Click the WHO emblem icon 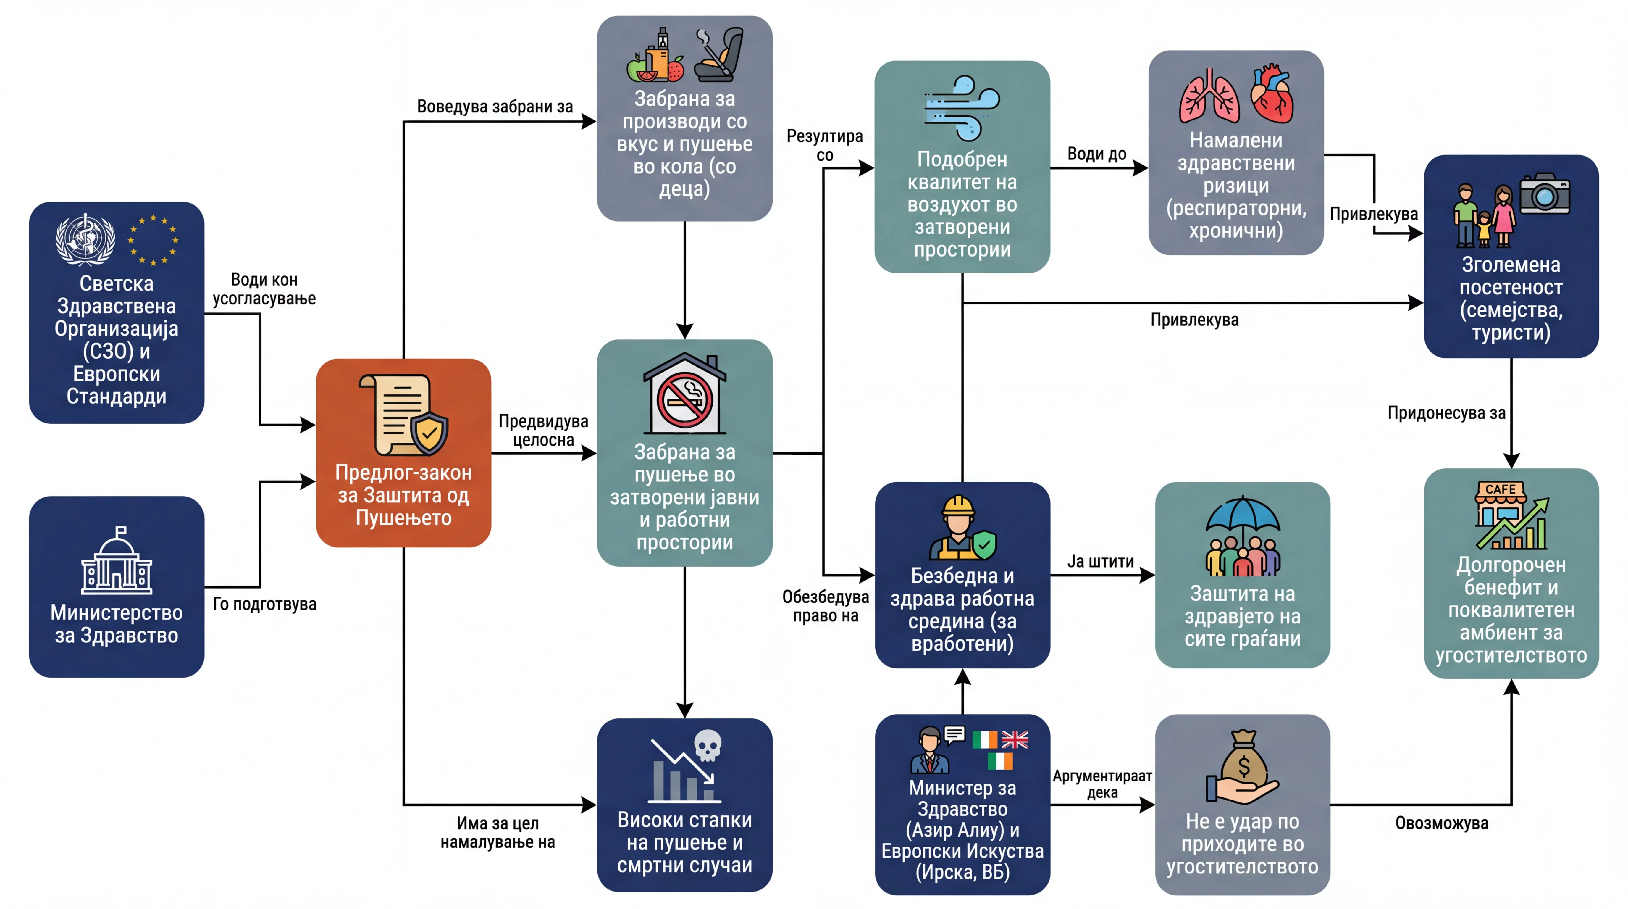(85, 239)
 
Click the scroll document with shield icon (403, 415)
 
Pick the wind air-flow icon (962, 107)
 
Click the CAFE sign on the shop (1500, 489)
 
